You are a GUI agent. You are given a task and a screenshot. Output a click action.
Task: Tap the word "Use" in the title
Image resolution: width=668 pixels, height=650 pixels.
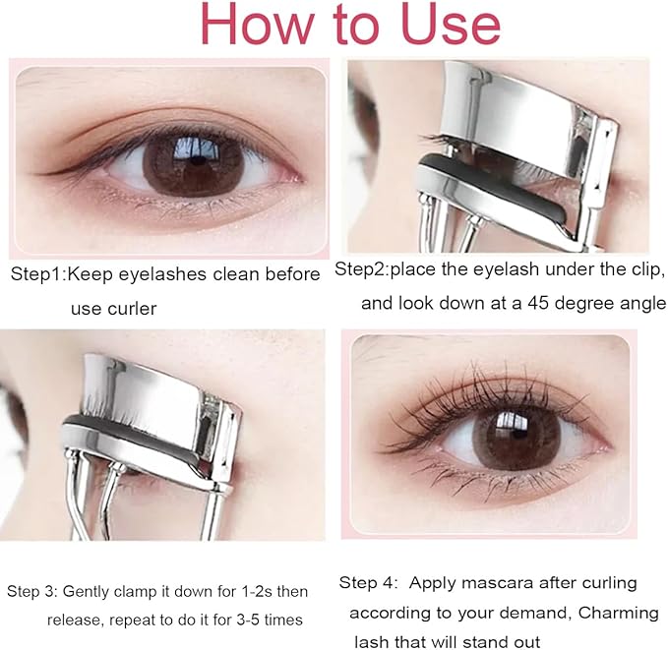click(445, 25)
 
